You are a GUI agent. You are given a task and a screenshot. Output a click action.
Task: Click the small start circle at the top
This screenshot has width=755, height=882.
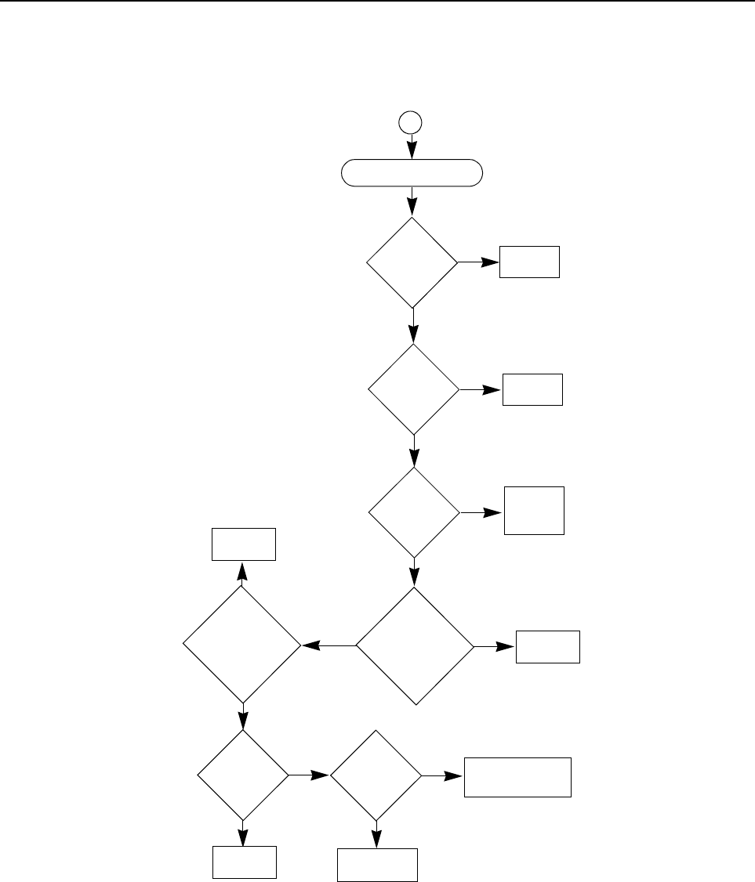click(410, 122)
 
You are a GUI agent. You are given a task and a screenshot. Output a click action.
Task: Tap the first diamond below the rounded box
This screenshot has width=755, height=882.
click(412, 262)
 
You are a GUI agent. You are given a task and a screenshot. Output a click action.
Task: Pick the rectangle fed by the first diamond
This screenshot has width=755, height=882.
click(530, 262)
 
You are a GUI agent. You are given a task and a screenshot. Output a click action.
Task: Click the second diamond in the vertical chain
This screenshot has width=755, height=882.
click(414, 389)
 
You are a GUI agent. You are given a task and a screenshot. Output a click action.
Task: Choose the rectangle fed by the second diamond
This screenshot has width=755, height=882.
click(532, 389)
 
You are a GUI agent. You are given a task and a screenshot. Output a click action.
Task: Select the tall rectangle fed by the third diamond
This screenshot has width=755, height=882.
click(534, 511)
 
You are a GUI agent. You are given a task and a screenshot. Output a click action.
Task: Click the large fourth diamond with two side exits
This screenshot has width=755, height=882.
click(415, 646)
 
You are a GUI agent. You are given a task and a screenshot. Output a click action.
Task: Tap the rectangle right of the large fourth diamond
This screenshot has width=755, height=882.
click(547, 646)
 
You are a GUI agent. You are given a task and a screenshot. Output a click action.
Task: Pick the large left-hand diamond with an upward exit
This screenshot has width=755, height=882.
click(242, 645)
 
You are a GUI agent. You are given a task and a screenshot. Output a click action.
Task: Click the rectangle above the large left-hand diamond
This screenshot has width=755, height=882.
click(243, 544)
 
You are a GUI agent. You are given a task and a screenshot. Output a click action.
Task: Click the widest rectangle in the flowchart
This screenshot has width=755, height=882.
click(517, 776)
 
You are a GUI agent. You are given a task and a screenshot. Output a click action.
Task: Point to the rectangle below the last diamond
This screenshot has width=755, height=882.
click(376, 865)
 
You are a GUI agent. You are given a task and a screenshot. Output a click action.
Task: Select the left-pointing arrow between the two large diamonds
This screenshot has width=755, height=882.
click(328, 646)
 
